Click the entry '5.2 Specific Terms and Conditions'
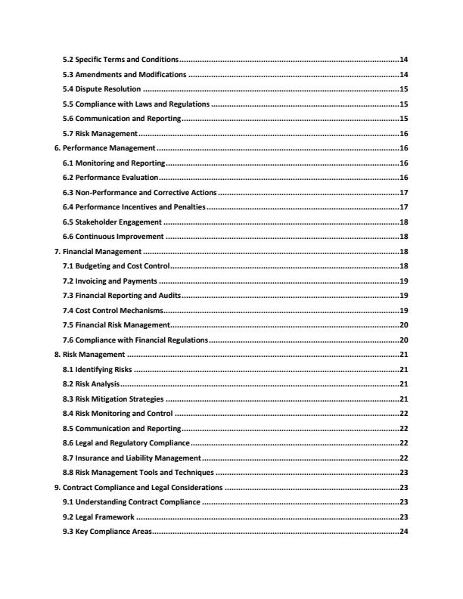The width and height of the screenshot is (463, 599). tap(121, 59)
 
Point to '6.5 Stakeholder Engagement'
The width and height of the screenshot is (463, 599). tap(113, 222)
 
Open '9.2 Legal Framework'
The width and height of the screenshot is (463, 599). tap(98, 517)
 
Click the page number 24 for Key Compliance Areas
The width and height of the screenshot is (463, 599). tap(404, 532)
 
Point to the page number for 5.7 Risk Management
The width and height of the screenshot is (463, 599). tap(404, 133)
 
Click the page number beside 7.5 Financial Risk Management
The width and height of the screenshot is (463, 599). tap(404, 324)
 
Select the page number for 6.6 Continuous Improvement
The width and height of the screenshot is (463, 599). tap(404, 237)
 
